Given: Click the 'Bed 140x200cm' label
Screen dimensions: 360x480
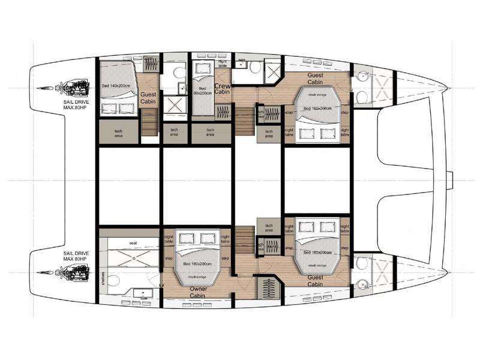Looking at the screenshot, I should pyautogui.click(x=117, y=86).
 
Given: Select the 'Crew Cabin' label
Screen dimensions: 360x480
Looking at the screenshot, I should pyautogui.click(x=223, y=89).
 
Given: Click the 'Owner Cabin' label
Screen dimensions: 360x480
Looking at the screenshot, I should pyautogui.click(x=199, y=292).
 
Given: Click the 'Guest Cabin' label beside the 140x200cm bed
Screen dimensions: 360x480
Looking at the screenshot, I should pyautogui.click(x=148, y=99).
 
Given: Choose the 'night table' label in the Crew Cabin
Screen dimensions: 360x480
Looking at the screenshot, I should pyautogui.click(x=223, y=64).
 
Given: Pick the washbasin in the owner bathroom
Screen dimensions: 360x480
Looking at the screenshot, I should pyautogui.click(x=142, y=293).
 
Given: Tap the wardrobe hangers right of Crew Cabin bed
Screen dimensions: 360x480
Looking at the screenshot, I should pyautogui.click(x=223, y=112).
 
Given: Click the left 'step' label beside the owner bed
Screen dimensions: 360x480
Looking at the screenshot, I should pyautogui.click(x=169, y=259).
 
